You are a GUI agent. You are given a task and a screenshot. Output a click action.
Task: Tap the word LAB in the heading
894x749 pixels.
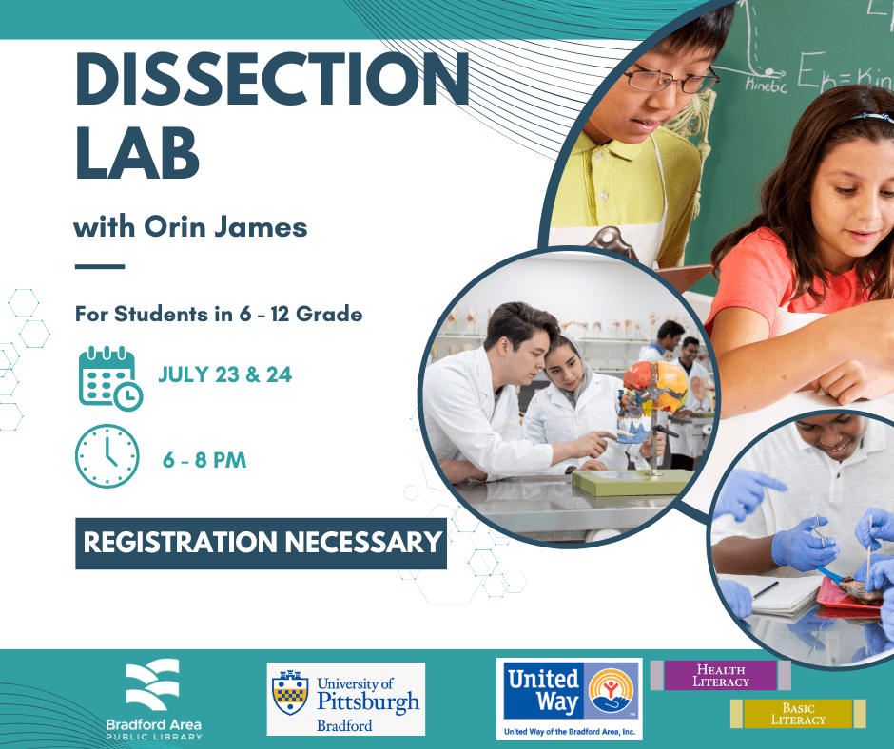(x=137, y=152)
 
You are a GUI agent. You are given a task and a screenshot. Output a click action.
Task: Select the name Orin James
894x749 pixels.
(x=225, y=227)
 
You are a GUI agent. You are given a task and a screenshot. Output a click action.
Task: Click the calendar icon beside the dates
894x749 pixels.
(x=110, y=378)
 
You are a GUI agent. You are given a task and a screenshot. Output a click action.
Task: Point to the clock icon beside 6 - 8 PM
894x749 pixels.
(x=107, y=456)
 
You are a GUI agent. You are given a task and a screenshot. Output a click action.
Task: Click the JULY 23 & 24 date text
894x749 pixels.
(x=225, y=374)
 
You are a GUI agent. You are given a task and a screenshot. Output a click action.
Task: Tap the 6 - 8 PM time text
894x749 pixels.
(x=204, y=460)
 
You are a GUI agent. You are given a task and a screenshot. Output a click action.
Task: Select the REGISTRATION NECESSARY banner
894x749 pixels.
(x=262, y=544)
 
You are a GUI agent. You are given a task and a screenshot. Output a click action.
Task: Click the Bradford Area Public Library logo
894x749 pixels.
(x=153, y=699)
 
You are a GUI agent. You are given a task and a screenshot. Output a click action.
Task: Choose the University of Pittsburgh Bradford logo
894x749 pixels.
(x=346, y=699)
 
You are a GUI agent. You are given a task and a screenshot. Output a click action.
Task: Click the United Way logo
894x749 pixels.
(x=570, y=699)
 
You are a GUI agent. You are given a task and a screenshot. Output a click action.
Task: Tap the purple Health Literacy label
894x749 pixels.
(x=721, y=676)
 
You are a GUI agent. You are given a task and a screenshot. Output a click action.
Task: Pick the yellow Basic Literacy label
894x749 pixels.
(x=798, y=714)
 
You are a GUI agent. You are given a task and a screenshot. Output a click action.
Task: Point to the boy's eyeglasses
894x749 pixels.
(x=671, y=80)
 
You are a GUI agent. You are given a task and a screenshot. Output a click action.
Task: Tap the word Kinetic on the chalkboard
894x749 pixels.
(x=767, y=86)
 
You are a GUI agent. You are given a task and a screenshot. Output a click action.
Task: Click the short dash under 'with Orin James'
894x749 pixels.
(x=100, y=266)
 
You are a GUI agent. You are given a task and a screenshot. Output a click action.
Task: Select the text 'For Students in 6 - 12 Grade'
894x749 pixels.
(x=219, y=314)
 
